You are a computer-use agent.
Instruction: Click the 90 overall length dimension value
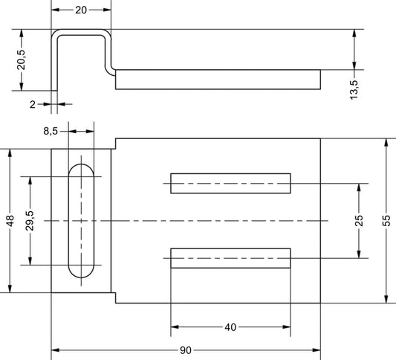pos(186,350)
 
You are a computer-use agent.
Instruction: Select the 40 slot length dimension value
pos(230,327)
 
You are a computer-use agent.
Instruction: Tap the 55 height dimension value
pos(386,220)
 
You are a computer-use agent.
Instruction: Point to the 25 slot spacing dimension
pos(359,220)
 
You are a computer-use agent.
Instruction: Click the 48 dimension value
pos(10,220)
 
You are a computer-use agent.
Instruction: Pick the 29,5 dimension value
pos(30,220)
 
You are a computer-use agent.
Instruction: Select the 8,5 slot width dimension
pos(51,131)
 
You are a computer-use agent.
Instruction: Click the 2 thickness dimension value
pos(33,104)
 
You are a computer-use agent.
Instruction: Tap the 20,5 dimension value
pos(22,60)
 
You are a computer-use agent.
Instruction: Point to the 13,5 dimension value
pos(354,90)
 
